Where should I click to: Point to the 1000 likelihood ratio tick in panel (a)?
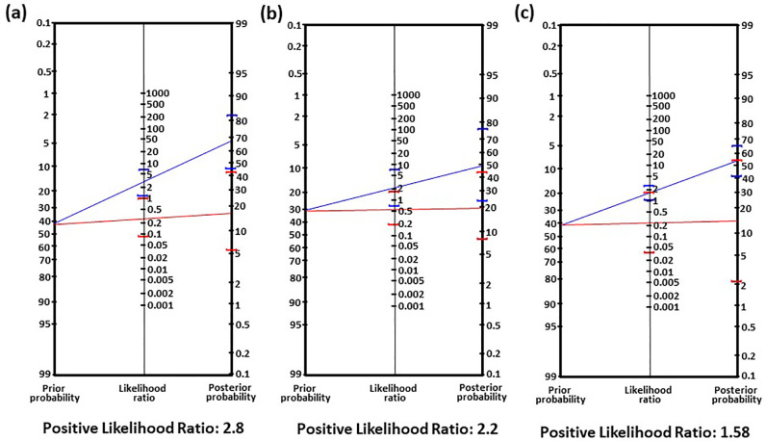click(x=158, y=93)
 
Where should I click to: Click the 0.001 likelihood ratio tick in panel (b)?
click(x=410, y=306)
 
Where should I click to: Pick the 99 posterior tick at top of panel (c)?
click(x=747, y=27)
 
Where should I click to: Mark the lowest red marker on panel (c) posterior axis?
click(x=737, y=282)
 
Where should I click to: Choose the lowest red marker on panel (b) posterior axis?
click(x=481, y=239)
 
